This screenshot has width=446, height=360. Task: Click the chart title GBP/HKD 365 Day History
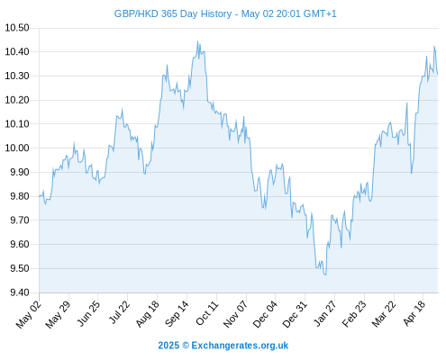pos(173,13)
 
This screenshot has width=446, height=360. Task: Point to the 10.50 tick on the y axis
pos(17,28)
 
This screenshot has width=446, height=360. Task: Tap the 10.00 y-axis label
pos(17,148)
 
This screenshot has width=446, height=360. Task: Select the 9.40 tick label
pos(20,292)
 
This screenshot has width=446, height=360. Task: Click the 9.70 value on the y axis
pos(20,220)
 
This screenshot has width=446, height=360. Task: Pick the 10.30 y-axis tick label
pos(17,76)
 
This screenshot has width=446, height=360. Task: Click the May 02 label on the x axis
pos(29,314)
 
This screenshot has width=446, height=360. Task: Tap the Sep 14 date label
pos(177,313)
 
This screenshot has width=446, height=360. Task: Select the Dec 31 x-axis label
pos(296,314)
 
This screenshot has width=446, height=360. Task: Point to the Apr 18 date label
pos(414,313)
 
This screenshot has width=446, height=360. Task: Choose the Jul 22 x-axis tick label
pos(119,312)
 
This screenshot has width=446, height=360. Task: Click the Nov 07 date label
pos(236,314)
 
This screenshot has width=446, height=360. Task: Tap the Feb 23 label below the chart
pos(355,313)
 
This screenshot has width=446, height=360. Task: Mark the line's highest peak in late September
pos(197,41)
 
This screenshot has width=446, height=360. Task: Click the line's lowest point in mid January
pos(325,274)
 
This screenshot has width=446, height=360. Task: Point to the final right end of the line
pos(438,74)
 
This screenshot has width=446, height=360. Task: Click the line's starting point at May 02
pos(39,197)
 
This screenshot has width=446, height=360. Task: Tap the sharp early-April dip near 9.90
pos(412,174)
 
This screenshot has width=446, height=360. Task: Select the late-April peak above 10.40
pos(434,46)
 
